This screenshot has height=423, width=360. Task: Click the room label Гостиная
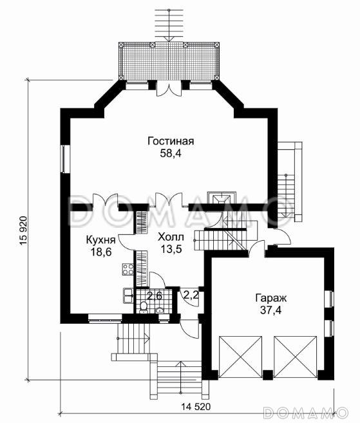coord(171,141)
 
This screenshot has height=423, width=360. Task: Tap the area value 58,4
coord(171,153)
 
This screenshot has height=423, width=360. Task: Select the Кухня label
coord(100,240)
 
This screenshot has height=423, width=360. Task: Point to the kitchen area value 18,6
coord(101,252)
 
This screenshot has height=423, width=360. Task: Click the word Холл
coord(171,237)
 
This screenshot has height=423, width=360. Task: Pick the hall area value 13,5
coord(171,249)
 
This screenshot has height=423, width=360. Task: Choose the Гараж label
coord(270,298)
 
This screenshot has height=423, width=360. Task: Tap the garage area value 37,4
coord(270,310)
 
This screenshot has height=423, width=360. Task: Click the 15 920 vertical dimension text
coord(24,230)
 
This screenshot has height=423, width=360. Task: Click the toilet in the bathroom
coord(144,307)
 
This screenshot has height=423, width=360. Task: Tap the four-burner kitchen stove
coord(128,269)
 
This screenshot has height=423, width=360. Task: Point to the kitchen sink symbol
coord(128,296)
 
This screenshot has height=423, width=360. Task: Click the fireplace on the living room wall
coord(222,198)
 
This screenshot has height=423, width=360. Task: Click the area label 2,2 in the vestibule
coord(191,295)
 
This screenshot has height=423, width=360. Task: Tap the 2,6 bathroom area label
coord(155,296)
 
